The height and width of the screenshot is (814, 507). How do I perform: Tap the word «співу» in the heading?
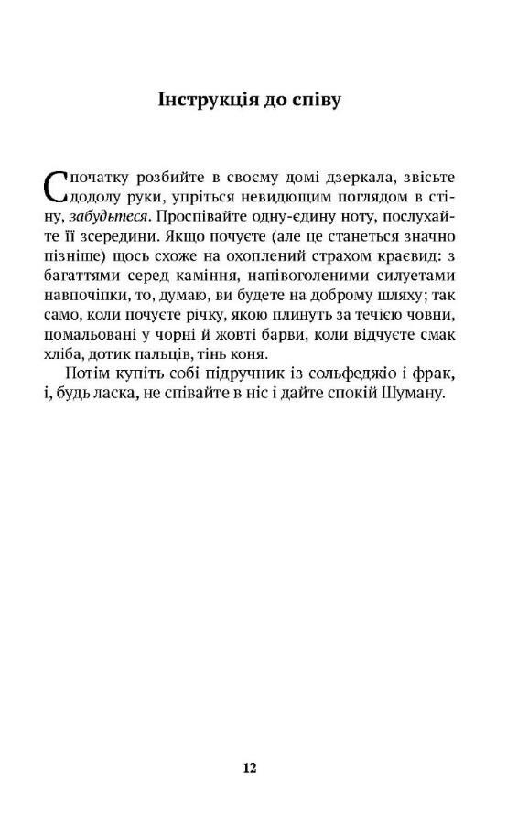pyautogui.click(x=313, y=99)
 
